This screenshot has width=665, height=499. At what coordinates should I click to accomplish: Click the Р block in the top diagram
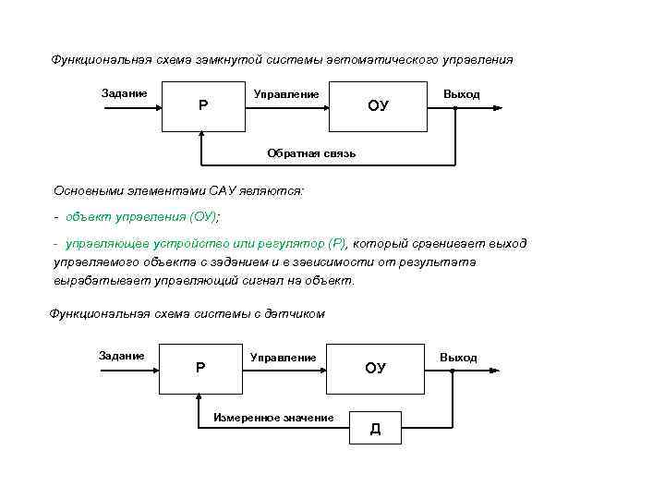(203, 105)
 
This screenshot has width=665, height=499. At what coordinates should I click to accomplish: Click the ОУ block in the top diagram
(378, 106)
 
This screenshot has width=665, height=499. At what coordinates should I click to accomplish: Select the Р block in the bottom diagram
(200, 368)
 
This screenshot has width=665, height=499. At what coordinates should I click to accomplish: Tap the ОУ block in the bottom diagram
(375, 368)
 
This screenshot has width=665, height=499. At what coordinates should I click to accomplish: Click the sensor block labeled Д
(375, 428)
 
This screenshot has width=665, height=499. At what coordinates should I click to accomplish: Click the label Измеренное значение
(273, 418)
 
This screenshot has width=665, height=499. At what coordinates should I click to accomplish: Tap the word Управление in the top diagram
(286, 94)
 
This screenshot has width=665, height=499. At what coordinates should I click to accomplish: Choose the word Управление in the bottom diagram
(283, 357)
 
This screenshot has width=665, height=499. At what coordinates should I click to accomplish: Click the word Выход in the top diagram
(461, 94)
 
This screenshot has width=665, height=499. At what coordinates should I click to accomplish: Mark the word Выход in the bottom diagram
(458, 357)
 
